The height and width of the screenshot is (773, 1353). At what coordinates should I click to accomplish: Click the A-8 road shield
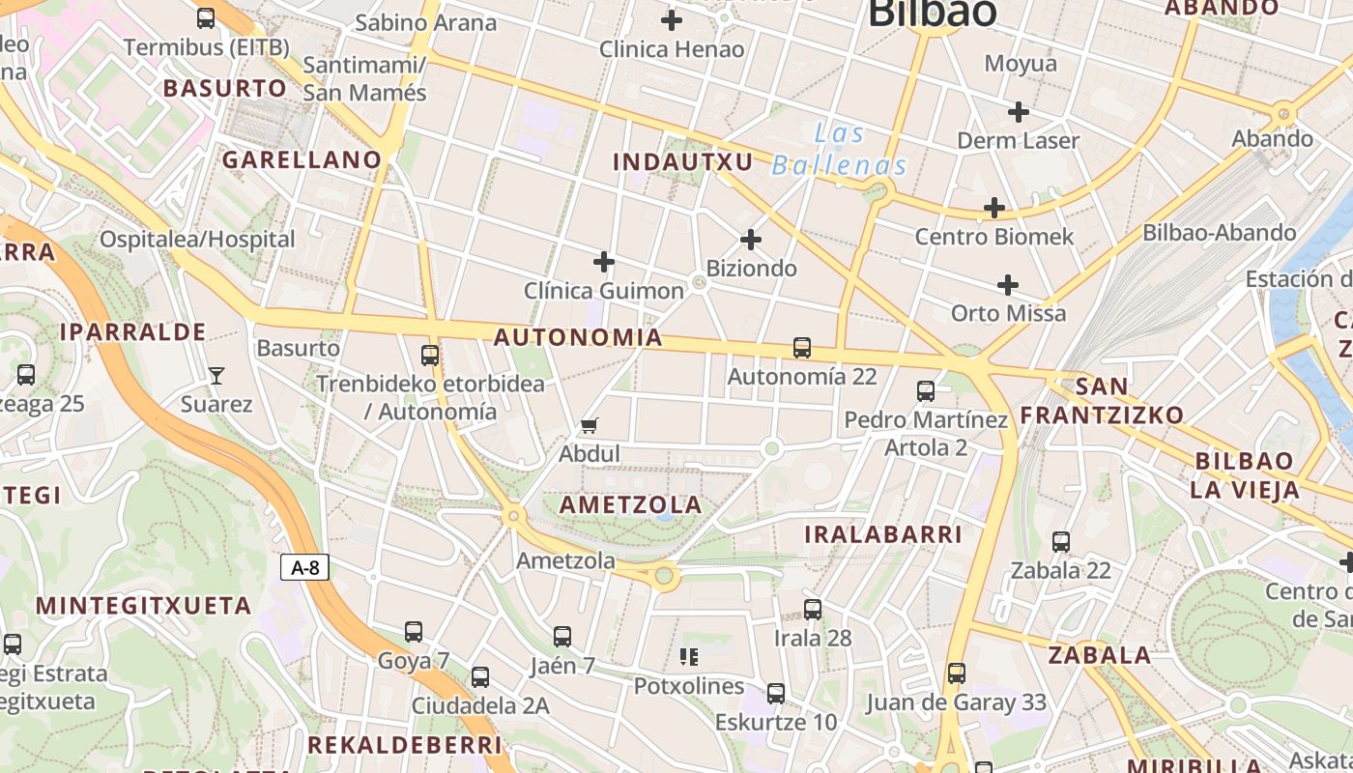305,567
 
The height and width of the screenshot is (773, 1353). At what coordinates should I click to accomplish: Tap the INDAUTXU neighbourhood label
682,161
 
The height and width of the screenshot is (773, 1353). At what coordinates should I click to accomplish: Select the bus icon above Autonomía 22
801,348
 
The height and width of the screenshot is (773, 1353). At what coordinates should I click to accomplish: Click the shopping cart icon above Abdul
590,425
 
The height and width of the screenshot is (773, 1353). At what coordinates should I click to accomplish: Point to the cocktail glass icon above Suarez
216,376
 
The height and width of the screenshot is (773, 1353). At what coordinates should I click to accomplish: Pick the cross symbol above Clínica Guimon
604,262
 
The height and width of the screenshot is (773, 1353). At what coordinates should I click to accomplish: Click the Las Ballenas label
840,150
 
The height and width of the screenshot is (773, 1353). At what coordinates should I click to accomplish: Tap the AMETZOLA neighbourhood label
631,504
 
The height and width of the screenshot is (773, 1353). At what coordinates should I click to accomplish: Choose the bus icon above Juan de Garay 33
956,673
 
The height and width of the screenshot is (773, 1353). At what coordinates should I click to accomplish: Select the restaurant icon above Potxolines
689,657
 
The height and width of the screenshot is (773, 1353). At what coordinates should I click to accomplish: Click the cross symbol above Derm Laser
1018,112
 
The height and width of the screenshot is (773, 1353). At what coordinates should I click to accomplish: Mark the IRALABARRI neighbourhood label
883,534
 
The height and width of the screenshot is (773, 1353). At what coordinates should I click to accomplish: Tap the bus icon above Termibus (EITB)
206,17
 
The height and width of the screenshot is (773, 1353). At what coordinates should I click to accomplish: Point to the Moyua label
1021,64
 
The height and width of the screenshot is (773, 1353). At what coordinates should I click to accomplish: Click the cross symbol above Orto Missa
1008,285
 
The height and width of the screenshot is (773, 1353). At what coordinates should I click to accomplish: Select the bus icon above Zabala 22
1061,542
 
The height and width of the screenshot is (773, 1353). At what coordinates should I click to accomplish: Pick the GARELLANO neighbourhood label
302,159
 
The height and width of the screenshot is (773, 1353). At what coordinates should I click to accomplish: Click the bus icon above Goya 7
414,632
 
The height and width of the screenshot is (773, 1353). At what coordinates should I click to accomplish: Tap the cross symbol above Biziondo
751,240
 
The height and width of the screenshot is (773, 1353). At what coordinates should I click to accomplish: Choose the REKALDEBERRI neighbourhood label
405,745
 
